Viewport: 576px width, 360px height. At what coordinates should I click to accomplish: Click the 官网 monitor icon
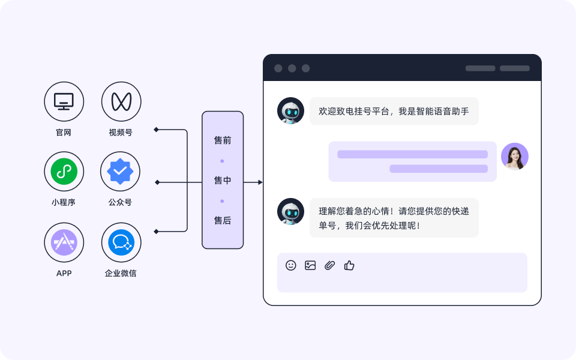[x=64, y=101]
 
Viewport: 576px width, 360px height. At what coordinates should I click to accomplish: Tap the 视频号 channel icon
[x=121, y=101]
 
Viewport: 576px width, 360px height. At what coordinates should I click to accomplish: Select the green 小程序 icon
[x=64, y=172]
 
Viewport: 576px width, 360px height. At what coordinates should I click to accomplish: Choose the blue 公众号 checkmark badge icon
[x=121, y=172]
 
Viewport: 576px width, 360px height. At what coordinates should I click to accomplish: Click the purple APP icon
[x=64, y=242]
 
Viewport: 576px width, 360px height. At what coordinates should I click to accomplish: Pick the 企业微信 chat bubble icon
[x=121, y=242]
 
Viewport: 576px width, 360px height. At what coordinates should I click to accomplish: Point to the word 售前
[x=223, y=140]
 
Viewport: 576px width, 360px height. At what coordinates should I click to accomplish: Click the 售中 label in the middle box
[x=223, y=181]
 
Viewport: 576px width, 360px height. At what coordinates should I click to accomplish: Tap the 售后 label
[x=223, y=221]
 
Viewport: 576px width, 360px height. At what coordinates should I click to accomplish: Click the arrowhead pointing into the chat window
[x=260, y=182]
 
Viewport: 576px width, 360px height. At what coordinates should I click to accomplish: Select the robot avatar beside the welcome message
[x=290, y=111]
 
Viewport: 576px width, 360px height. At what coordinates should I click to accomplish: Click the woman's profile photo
[x=515, y=157]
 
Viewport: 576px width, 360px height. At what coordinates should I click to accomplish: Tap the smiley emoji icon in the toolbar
[x=291, y=265]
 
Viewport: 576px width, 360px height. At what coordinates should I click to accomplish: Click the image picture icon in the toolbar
[x=310, y=265]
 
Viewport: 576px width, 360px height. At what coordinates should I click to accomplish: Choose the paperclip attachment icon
[x=329, y=265]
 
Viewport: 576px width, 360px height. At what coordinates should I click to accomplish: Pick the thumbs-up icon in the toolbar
[x=349, y=265]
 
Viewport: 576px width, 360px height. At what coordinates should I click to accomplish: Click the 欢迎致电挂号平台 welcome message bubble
[x=394, y=111]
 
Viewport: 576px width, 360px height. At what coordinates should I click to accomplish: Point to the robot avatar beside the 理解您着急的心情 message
[x=290, y=212]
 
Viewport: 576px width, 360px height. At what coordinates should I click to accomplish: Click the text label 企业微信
[x=121, y=274]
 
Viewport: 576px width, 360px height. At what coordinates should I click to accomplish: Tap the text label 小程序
[x=64, y=203]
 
